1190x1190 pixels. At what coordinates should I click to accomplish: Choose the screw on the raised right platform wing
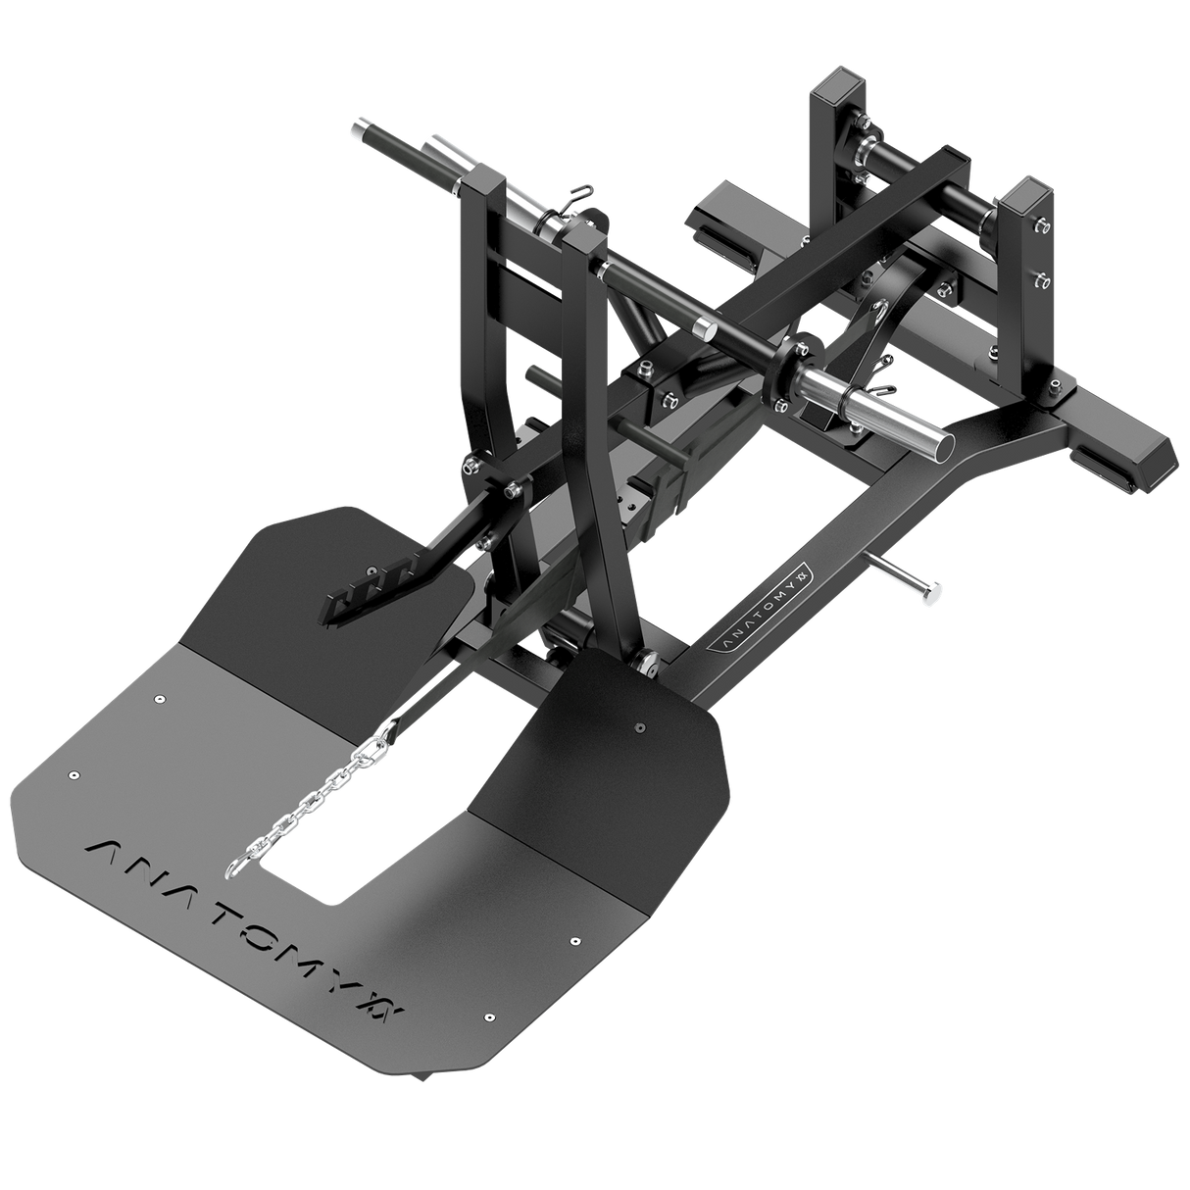(x=639, y=727)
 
